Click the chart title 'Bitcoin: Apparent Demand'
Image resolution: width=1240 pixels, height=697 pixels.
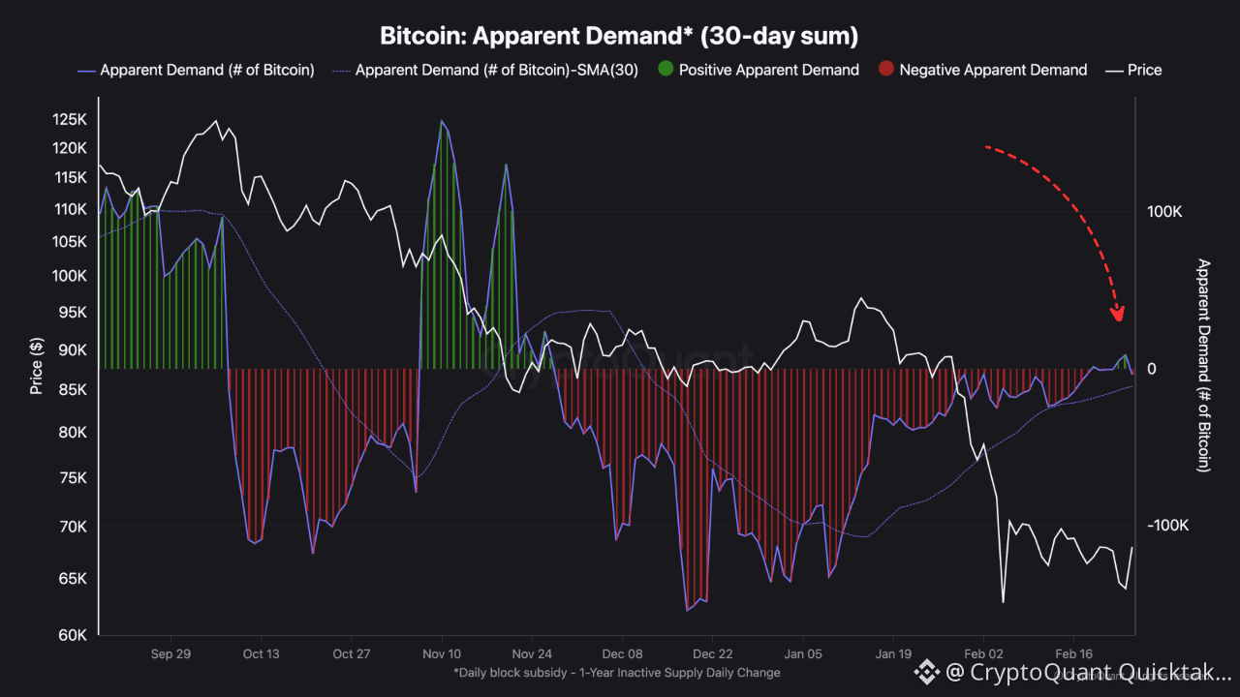(x=619, y=36)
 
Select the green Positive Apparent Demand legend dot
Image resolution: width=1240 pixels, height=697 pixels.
(x=666, y=70)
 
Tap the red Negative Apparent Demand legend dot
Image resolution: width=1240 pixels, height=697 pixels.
(x=885, y=70)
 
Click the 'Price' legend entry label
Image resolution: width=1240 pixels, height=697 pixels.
(x=1144, y=70)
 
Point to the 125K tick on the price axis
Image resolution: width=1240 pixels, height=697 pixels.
(x=70, y=119)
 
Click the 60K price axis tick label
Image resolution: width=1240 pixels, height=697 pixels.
(x=74, y=635)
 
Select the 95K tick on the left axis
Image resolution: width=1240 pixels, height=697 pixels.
(x=74, y=312)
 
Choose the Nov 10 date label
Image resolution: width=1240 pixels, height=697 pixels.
(x=441, y=653)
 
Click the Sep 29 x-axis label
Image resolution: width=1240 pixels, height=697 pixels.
(x=170, y=653)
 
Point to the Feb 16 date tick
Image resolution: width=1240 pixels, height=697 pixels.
(x=1072, y=653)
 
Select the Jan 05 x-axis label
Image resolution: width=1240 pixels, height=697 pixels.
(x=803, y=653)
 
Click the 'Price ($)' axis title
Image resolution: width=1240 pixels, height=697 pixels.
(x=37, y=366)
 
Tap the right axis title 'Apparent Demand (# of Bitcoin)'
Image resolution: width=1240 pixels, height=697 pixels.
(x=1204, y=365)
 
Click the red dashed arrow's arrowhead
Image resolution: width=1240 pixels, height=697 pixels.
(x=1118, y=314)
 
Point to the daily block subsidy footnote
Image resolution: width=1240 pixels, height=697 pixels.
(x=616, y=672)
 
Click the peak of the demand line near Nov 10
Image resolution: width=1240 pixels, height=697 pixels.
(x=442, y=121)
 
